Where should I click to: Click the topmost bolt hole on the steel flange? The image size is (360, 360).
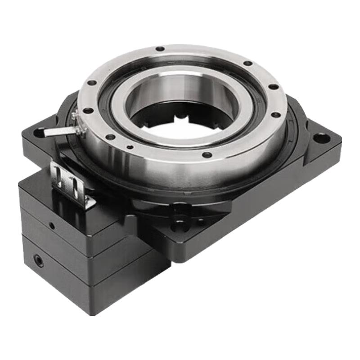[x=160, y=49]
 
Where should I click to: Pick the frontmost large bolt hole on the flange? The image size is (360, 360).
[x=207, y=155]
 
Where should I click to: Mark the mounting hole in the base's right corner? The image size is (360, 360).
[x=321, y=138]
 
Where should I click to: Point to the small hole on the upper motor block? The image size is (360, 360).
[x=52, y=226]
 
